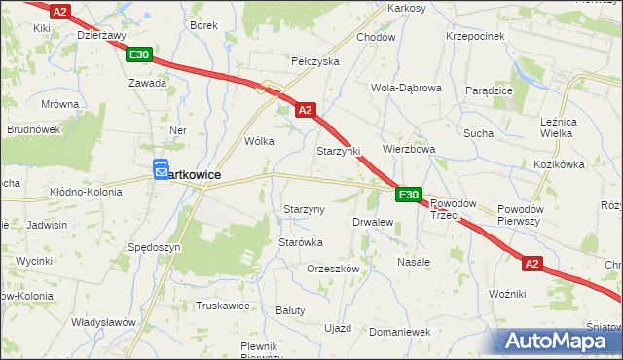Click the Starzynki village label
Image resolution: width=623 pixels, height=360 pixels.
(x=338, y=152)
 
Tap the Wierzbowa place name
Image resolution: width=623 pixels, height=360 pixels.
(x=408, y=150)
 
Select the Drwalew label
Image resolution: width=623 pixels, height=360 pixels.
(x=372, y=222)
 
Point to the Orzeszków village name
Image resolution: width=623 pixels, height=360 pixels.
(x=333, y=269)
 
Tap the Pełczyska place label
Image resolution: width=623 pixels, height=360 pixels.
(x=314, y=61)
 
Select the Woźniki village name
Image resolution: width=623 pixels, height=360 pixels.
(x=508, y=293)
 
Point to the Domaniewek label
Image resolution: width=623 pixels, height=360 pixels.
(x=399, y=332)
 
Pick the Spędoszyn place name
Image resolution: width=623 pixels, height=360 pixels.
(x=154, y=248)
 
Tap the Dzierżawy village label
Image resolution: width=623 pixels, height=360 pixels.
(x=102, y=34)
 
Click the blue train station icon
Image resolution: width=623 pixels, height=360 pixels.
(x=162, y=170)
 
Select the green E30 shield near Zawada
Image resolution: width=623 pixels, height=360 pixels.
(x=138, y=55)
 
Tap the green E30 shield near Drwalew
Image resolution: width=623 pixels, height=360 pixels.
(x=409, y=196)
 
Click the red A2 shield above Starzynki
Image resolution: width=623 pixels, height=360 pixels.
(x=305, y=111)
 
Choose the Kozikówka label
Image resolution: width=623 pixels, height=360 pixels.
(x=557, y=165)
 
